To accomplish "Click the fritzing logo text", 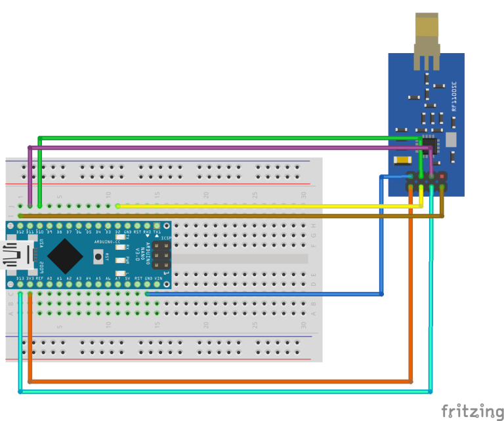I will (x=472, y=411).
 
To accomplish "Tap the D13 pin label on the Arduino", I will (x=20, y=279).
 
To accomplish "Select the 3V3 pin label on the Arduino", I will (x=30, y=279).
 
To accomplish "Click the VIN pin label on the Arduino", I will (x=157, y=279).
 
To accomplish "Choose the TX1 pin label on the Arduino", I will (x=157, y=231).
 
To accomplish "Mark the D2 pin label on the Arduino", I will (x=117, y=231).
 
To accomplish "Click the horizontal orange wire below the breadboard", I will (x=217, y=381).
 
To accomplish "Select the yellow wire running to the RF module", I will (x=262, y=206).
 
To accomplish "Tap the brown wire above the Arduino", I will (x=230, y=215).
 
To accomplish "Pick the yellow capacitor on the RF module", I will (x=402, y=159).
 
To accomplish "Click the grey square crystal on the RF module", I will (x=450, y=139).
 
